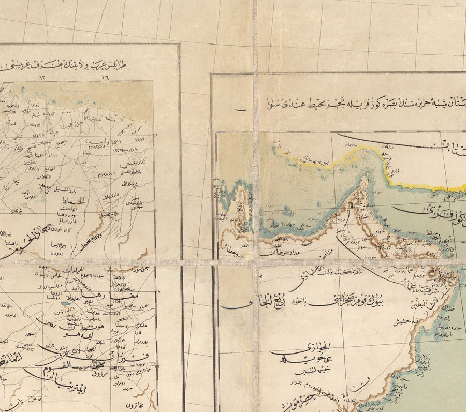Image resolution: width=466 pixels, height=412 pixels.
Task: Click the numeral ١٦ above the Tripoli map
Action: [x=106, y=77]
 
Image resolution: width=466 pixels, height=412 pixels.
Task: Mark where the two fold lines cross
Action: [x=256, y=262]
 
